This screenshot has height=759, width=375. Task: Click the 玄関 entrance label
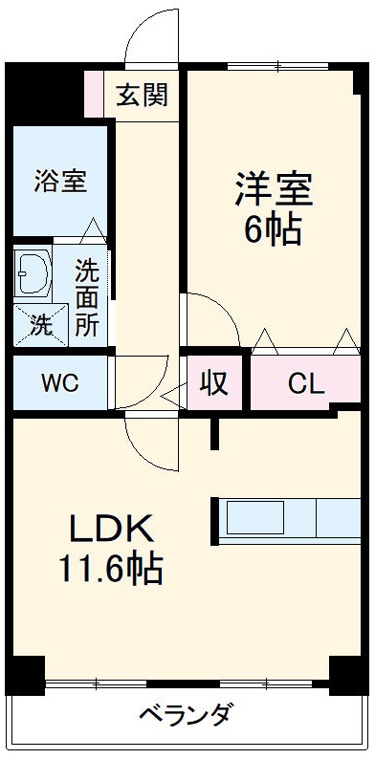click(143, 96)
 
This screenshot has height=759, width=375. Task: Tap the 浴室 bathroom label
click(62, 182)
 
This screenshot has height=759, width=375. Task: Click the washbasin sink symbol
click(33, 272)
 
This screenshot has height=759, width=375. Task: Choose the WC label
click(59, 383)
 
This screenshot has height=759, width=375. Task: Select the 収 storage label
click(214, 382)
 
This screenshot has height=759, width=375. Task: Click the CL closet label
click(306, 383)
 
